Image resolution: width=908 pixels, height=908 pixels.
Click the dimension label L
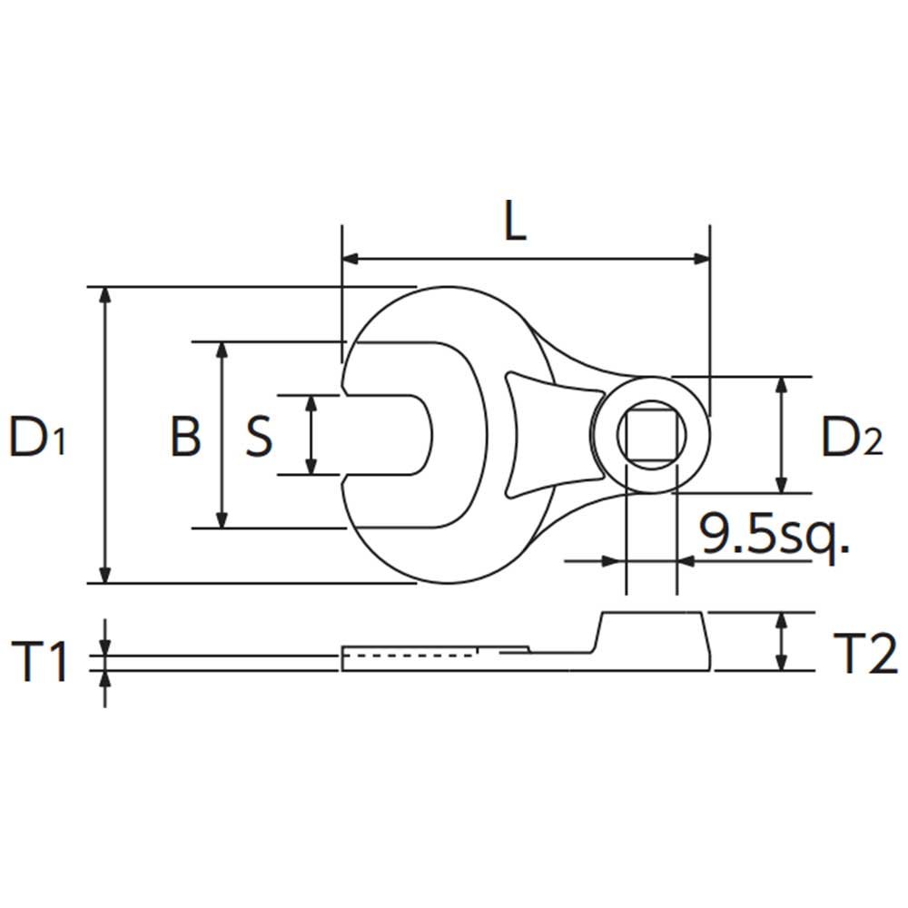click(515, 221)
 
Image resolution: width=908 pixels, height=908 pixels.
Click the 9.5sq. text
click(774, 535)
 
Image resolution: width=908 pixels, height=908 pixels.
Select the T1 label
click(39, 661)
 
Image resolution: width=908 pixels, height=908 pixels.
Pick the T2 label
click(865, 653)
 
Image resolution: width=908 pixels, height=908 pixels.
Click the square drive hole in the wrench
click(651, 434)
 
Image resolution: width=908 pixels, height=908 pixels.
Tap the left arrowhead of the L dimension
click(350, 259)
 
